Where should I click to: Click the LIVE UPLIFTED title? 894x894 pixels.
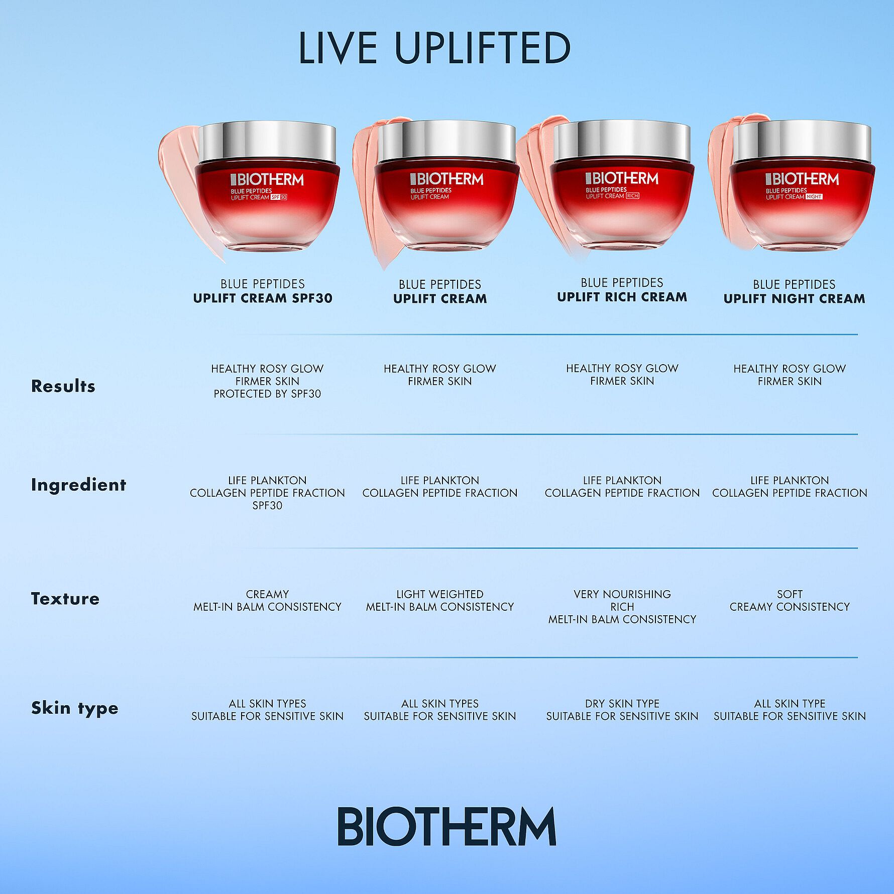pos(434,48)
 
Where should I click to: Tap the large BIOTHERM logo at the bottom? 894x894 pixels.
pos(446,827)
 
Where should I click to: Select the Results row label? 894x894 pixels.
pos(63,386)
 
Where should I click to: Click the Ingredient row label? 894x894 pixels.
pos(78,485)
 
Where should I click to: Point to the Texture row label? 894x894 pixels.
pos(65,599)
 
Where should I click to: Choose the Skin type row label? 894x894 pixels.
pos(75,708)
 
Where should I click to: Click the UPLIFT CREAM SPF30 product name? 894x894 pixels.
pos(263,298)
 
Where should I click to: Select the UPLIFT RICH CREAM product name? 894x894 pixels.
pos(622,297)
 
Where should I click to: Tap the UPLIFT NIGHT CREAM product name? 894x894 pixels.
pos(794,299)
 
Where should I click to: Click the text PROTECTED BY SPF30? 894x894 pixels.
pos(267,394)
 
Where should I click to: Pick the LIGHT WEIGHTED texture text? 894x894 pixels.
pos(439,594)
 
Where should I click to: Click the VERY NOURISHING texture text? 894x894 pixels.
pos(622,594)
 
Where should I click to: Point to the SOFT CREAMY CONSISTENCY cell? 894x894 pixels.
pos(790,601)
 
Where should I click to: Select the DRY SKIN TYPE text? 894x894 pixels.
pos(622,704)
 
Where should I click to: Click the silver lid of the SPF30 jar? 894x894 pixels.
pos(267,143)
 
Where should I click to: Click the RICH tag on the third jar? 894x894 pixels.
pos(632,196)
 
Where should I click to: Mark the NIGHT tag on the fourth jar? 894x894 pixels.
pos(814,197)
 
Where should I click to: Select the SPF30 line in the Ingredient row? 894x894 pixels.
pos(267,506)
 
